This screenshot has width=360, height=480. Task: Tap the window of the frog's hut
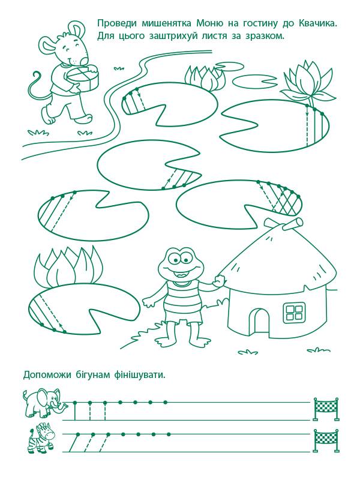point(294,312)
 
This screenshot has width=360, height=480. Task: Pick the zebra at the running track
point(41,437)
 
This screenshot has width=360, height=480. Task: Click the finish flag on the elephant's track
point(326,409)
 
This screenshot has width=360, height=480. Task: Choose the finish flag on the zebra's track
point(326,440)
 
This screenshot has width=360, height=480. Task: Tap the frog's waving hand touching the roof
point(219,280)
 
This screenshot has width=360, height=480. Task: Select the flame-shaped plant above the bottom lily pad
point(68,266)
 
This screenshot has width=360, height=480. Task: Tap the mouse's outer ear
point(49,47)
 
